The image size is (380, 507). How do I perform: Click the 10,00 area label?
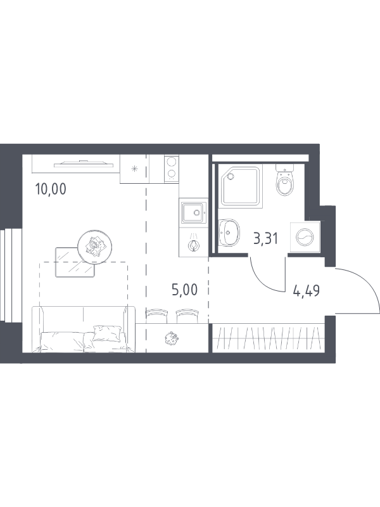click(51, 189)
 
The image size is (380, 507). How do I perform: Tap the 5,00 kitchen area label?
click(184, 290)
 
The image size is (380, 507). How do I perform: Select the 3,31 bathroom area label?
click(266, 239)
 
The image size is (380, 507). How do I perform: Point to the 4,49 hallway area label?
click(307, 290)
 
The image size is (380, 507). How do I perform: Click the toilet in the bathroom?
click(285, 180)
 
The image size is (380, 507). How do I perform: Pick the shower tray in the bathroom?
click(241, 186)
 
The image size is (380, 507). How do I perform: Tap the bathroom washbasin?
click(229, 232)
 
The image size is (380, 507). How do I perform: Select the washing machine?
click(305, 236)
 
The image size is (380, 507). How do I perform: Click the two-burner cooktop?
click(172, 168)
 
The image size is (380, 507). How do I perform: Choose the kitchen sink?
click(194, 212)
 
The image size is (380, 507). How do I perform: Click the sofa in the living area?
click(84, 329)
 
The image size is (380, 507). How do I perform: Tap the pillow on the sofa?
click(107, 333)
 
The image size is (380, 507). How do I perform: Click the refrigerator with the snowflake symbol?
click(135, 169)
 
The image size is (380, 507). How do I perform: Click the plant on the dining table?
click(171, 338)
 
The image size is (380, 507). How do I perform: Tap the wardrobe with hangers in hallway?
click(268, 338)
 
